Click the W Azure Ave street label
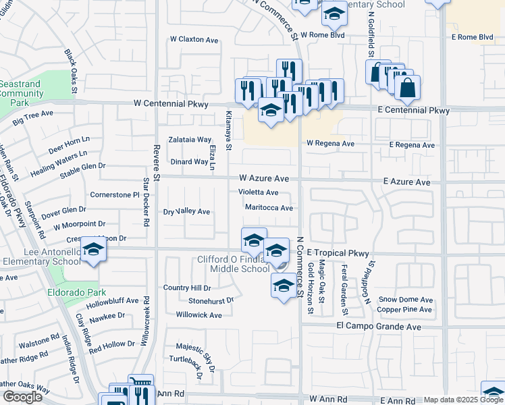pyautogui.click(x=264, y=179)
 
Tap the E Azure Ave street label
pyautogui.click(x=406, y=182)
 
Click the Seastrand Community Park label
pyautogui.click(x=22, y=93)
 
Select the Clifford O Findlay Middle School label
pyautogui.click(x=233, y=264)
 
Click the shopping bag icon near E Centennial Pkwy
pyautogui.click(x=408, y=88)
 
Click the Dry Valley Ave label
pyautogui.click(x=187, y=212)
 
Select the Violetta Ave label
pyautogui.click(x=259, y=192)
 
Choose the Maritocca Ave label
pyautogui.click(x=269, y=208)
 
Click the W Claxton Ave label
pyautogui.click(x=194, y=40)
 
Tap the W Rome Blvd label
pyautogui.click(x=327, y=34)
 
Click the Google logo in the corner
pyautogui.click(x=22, y=397)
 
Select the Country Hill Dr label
pyautogui.click(x=188, y=288)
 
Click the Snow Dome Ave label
pyautogui.click(x=405, y=300)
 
